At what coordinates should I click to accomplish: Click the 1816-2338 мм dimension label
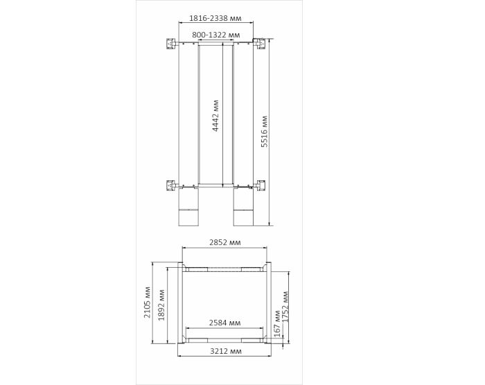coord(215,18)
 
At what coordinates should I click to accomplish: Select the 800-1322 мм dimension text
coord(216,35)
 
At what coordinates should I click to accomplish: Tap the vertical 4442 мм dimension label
coord(215,116)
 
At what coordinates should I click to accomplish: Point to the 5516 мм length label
coord(264,131)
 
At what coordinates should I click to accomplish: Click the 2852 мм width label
coord(225,242)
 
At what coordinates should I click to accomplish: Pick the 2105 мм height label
coord(147,302)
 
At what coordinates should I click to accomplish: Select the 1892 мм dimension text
coord(161,305)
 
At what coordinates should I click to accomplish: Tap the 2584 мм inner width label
coord(225,323)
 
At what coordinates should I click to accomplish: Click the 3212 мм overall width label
coord(226,351)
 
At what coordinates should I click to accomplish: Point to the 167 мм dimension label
coord(277,324)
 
